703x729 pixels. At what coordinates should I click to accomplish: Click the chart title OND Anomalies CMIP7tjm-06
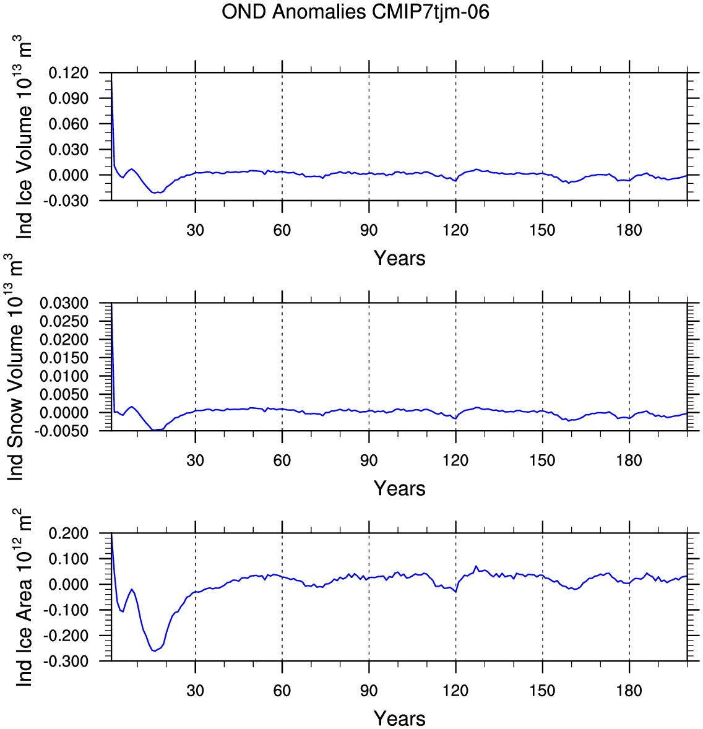(355, 12)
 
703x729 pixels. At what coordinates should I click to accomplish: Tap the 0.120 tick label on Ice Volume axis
(68, 73)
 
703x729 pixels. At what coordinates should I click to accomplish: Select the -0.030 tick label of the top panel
(66, 201)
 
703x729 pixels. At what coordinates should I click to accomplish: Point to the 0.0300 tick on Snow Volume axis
(64, 303)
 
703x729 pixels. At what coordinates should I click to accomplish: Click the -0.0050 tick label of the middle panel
(61, 431)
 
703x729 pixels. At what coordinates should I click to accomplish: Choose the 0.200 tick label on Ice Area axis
(68, 533)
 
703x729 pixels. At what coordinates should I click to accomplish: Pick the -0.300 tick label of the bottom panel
(66, 661)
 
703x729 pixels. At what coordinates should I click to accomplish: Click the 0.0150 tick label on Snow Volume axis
(64, 358)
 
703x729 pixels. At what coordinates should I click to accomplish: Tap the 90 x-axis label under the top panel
(369, 230)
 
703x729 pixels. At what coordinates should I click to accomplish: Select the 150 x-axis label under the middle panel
(542, 460)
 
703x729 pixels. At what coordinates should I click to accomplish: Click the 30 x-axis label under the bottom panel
(196, 691)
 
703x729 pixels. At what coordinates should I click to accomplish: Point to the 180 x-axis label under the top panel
(629, 230)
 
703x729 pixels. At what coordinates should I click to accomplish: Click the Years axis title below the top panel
(399, 258)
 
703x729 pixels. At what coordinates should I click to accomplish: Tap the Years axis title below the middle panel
(399, 488)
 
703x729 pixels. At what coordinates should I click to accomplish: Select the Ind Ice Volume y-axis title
(24, 137)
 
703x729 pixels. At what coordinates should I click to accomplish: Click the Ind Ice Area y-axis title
(24, 597)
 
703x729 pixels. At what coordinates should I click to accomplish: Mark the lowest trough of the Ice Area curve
(154, 651)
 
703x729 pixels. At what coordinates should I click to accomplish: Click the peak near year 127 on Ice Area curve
(476, 566)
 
